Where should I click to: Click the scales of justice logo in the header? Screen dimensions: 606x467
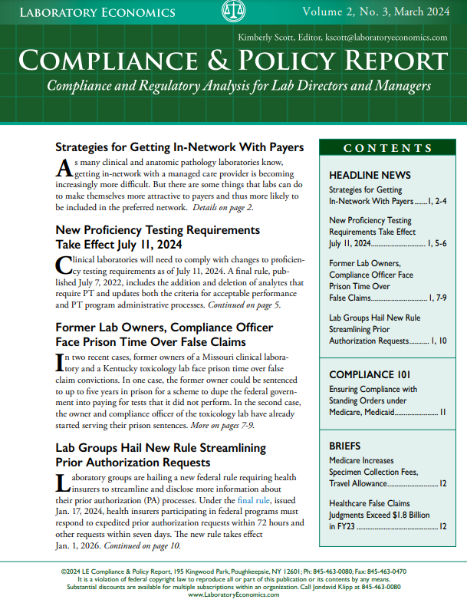tap(233, 12)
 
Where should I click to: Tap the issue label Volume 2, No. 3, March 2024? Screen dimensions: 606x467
tap(374, 12)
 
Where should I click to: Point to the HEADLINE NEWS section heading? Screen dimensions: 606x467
tap(370, 175)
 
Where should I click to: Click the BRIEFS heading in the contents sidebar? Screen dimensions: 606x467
tap(344, 446)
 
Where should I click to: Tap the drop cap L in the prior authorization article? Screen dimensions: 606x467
tap(64, 484)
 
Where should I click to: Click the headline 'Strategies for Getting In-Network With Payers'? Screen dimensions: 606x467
tap(180, 147)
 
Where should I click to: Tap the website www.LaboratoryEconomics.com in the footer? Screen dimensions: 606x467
tap(233, 594)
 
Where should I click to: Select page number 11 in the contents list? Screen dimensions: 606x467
tap(442, 412)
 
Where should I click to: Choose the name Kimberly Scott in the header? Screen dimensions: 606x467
tap(270, 37)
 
